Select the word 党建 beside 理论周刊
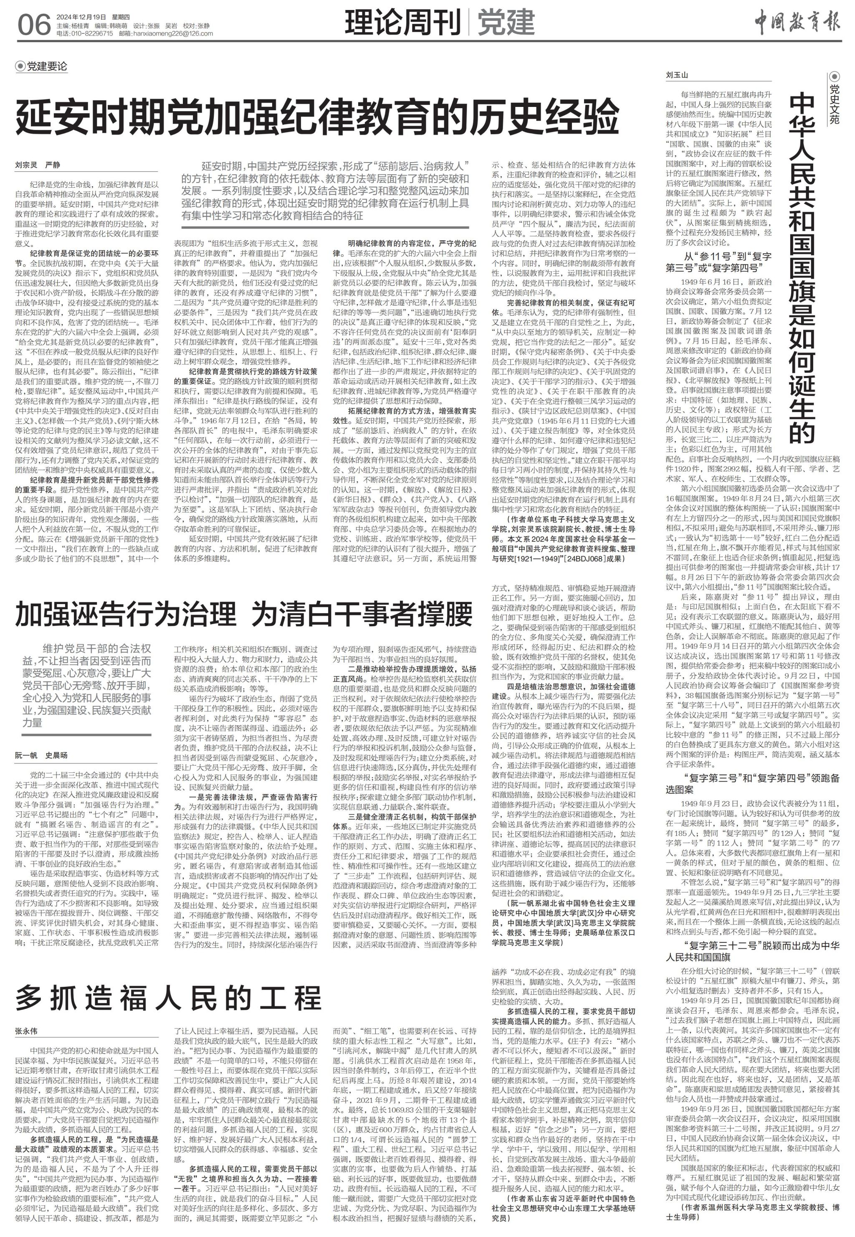point(506,23)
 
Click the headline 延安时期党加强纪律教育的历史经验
point(317,117)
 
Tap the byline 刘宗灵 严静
point(38,165)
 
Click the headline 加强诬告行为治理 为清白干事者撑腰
point(244,614)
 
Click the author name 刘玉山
point(676,75)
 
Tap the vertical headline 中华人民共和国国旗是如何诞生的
point(804,268)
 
